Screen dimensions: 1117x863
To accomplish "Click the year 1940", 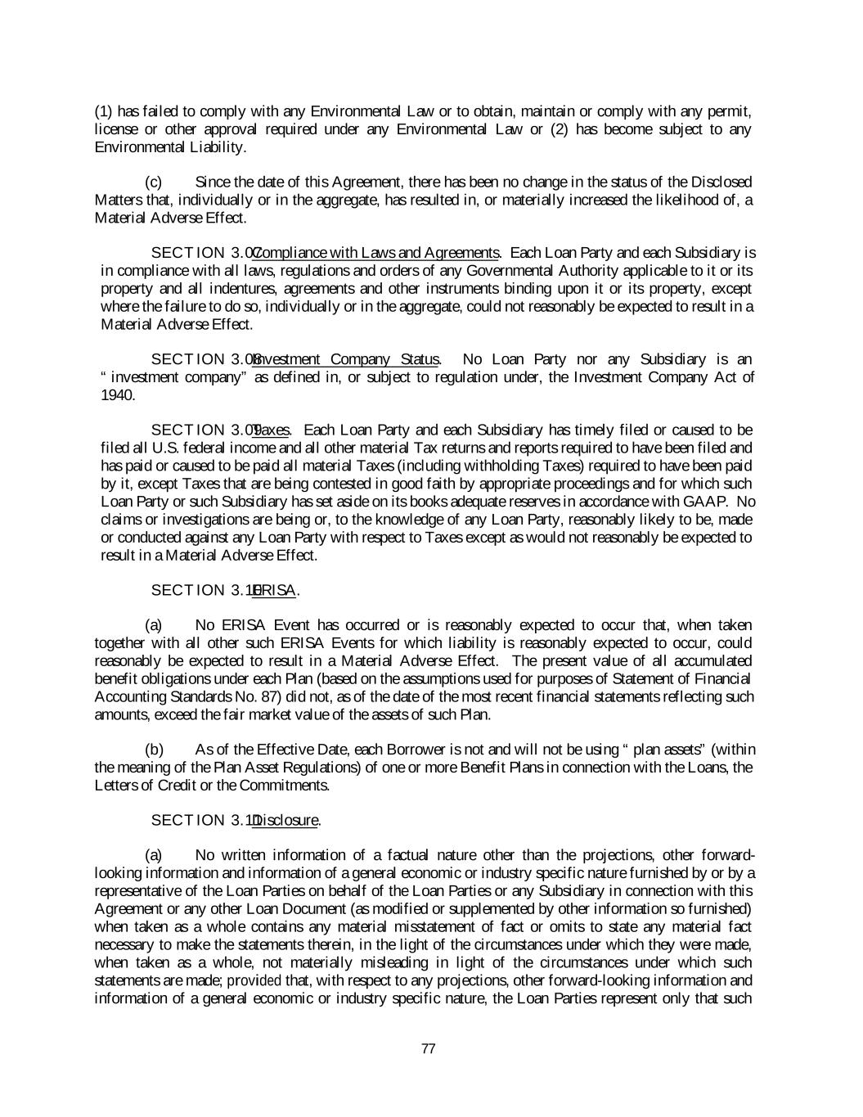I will pos(118,395).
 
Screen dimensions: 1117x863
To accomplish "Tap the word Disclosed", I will pos(722,182).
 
